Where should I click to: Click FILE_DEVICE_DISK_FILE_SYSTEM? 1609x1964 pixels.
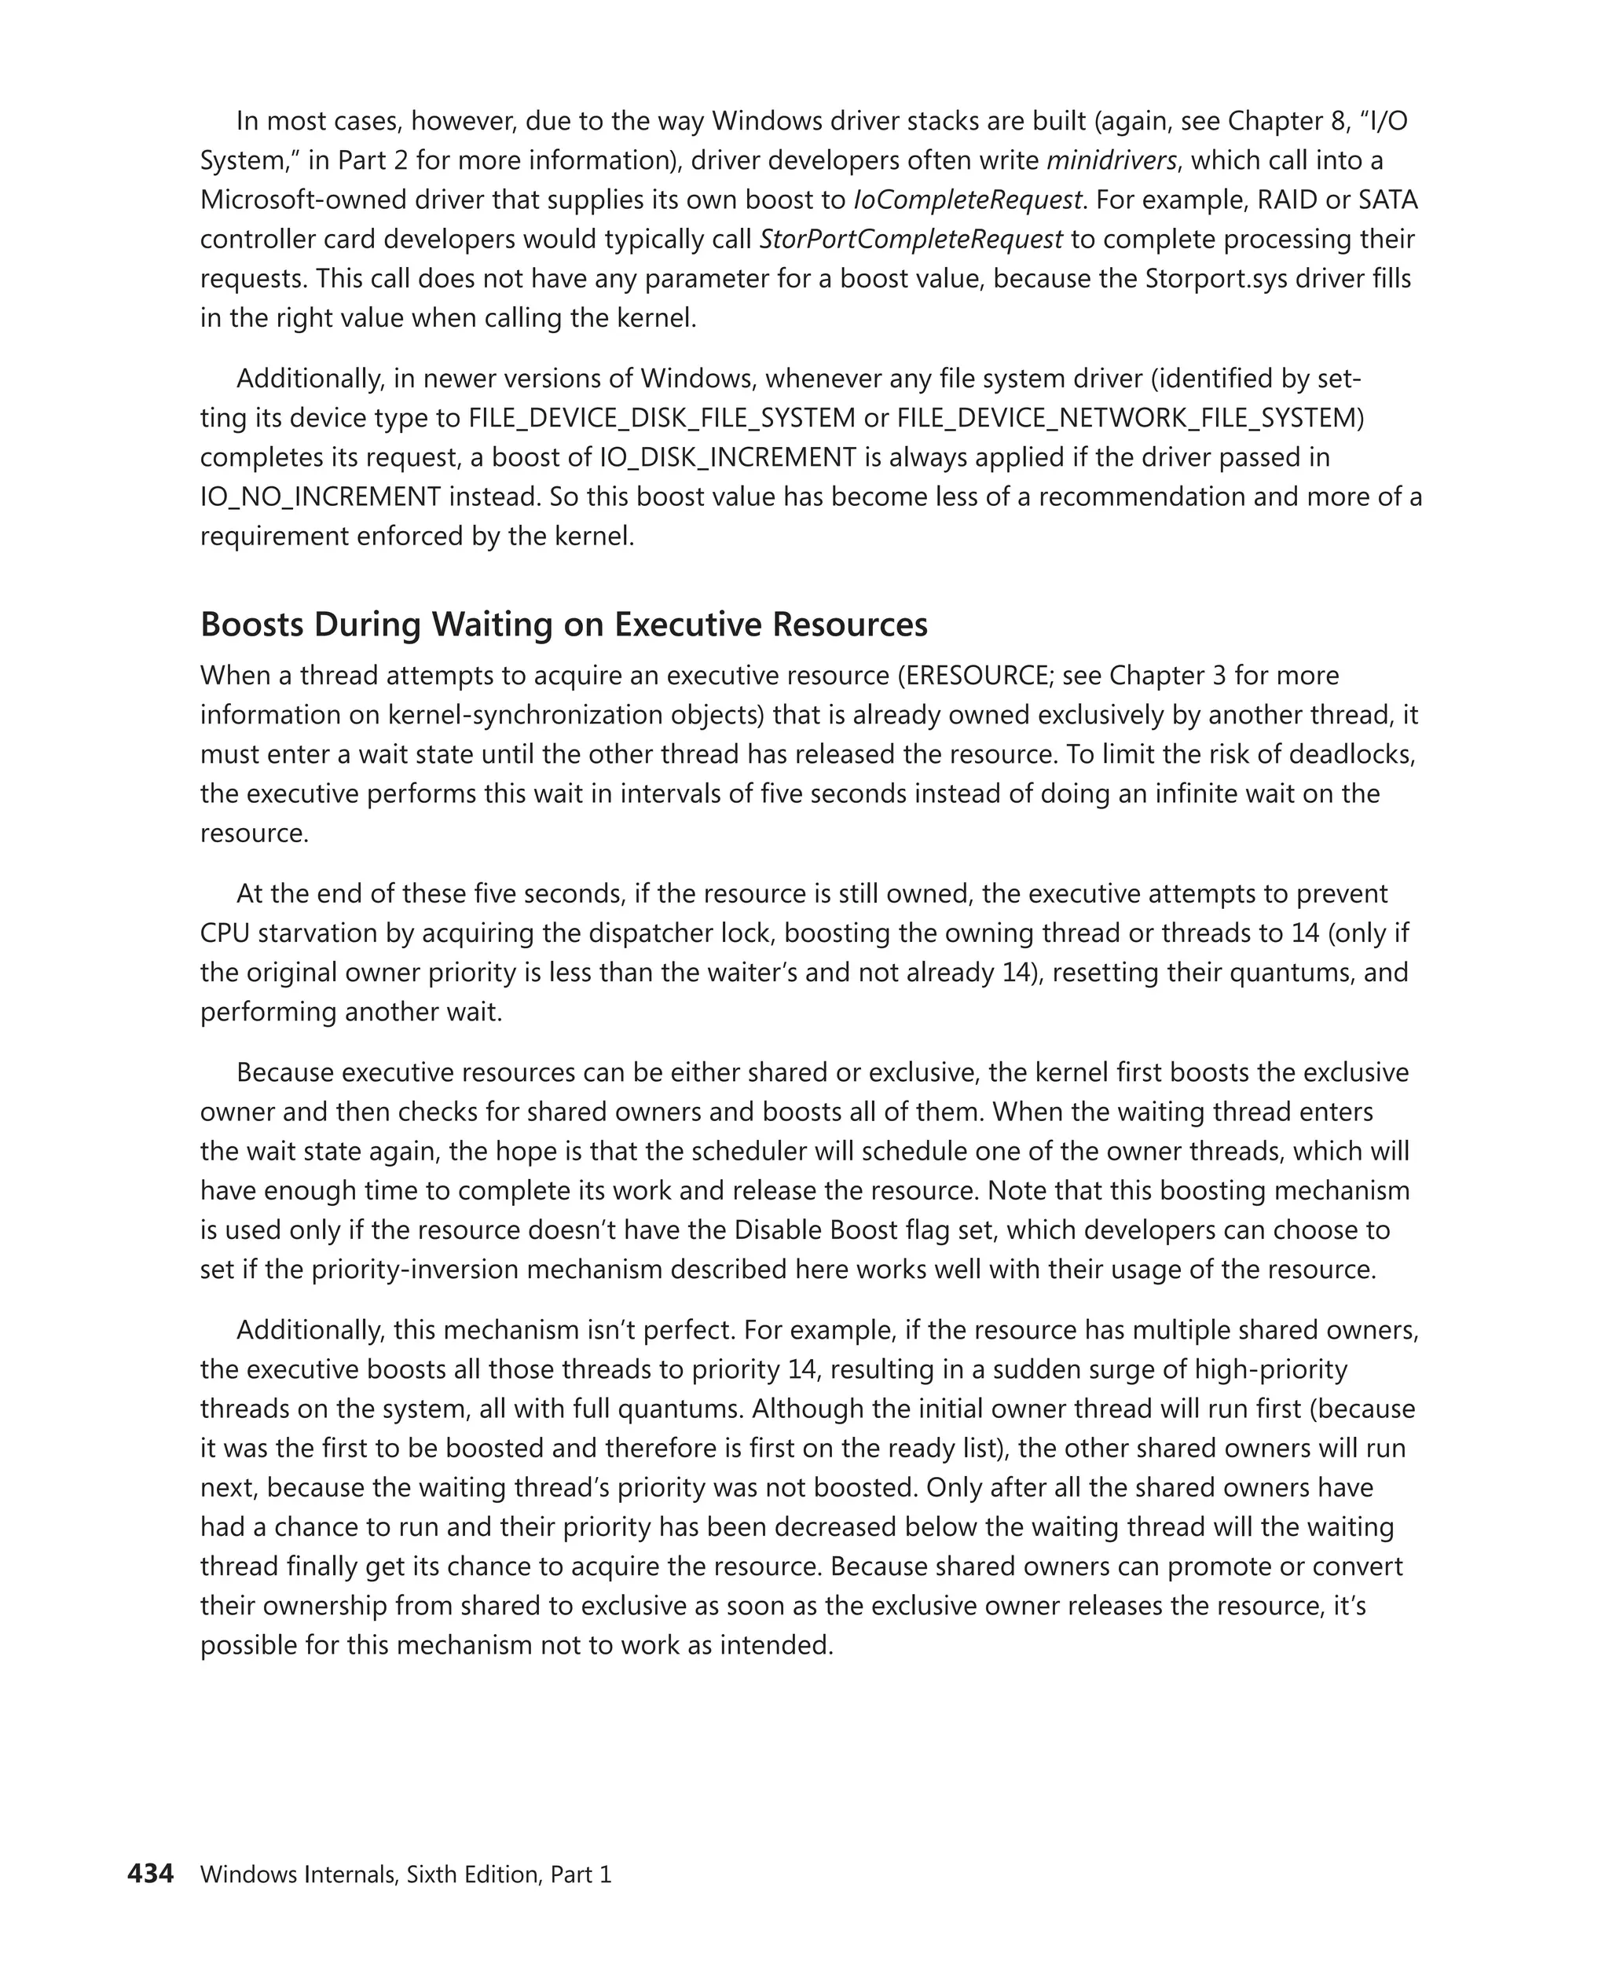(662, 418)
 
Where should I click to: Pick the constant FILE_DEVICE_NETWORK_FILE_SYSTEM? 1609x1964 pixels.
(1130, 418)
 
